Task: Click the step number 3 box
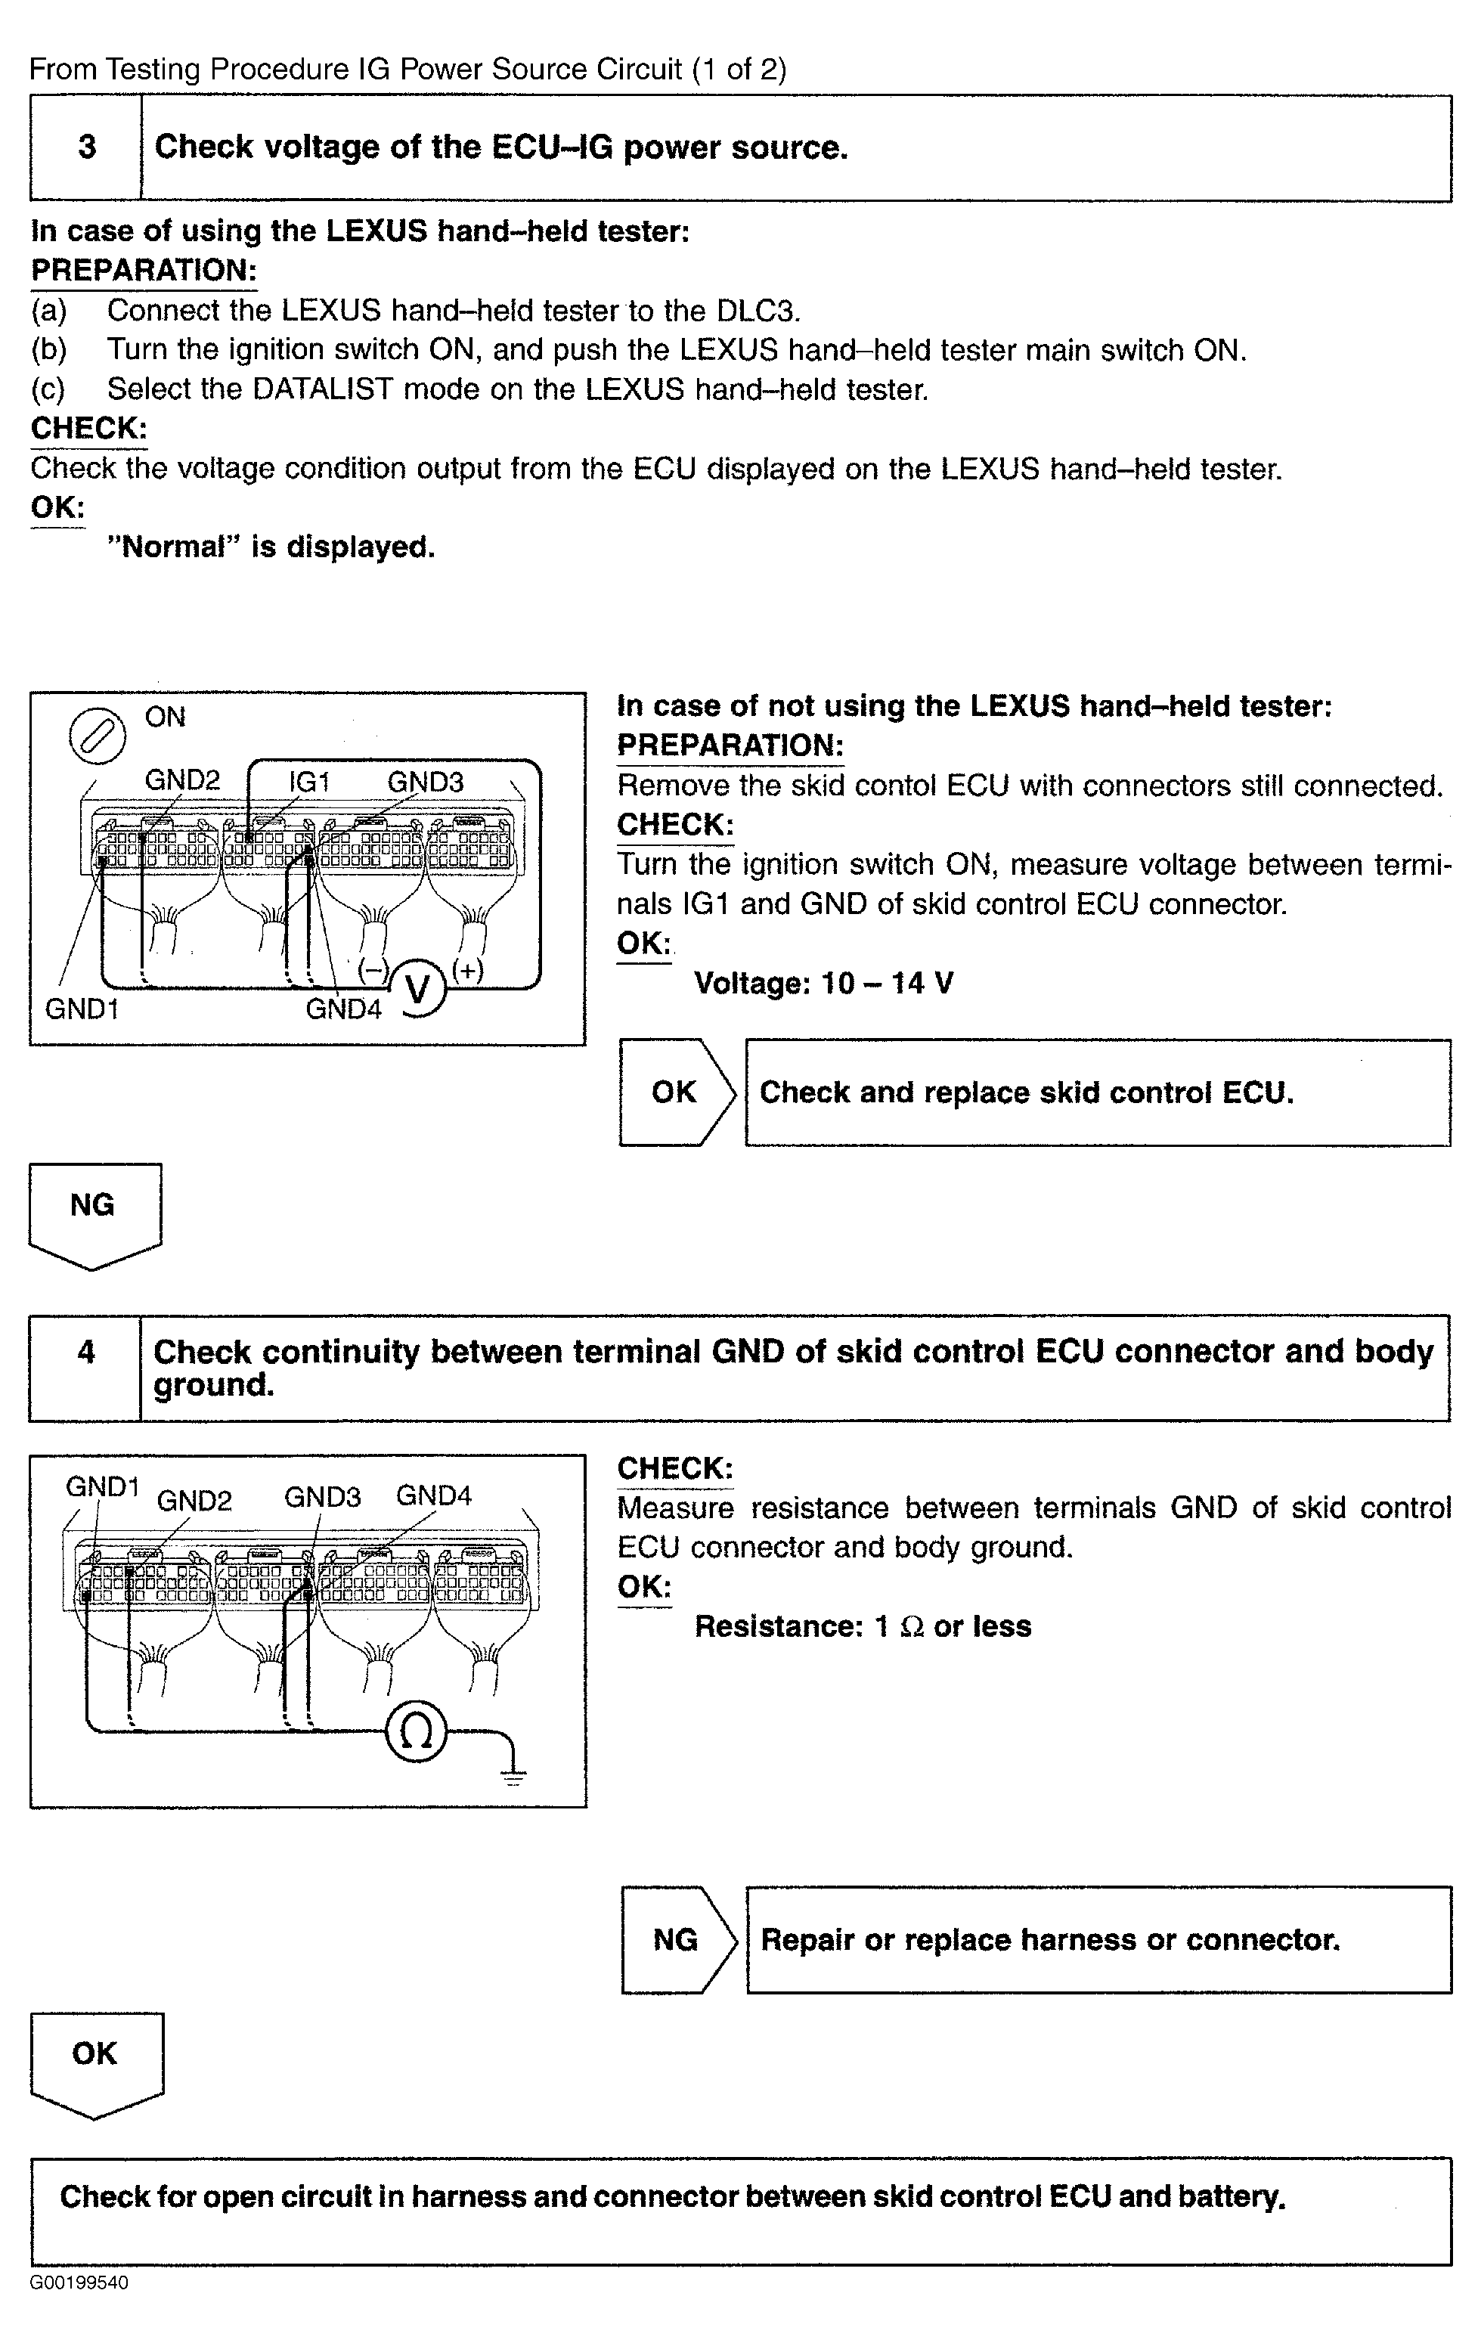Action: pyautogui.click(x=87, y=148)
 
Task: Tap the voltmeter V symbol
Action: pyautogui.click(x=418, y=990)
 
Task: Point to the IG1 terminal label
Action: pyautogui.click(x=310, y=781)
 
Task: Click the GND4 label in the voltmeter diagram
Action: pyautogui.click(x=343, y=1009)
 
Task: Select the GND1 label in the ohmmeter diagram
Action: pyautogui.click(x=102, y=1486)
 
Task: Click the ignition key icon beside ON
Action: pyautogui.click(x=98, y=736)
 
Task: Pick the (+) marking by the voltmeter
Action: pyautogui.click(x=468, y=970)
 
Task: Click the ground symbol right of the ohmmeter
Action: pyautogui.click(x=513, y=1775)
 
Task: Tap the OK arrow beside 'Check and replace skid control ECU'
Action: pyautogui.click(x=676, y=1092)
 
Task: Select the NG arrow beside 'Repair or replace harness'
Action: pyautogui.click(x=677, y=1940)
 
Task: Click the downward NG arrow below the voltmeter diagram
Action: pyautogui.click(x=94, y=1213)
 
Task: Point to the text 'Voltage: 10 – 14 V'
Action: pyautogui.click(x=823, y=983)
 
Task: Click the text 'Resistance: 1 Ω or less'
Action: pyautogui.click(x=863, y=1626)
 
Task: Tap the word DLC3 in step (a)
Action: pyautogui.click(x=758, y=311)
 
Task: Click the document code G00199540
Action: pyautogui.click(x=79, y=2282)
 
